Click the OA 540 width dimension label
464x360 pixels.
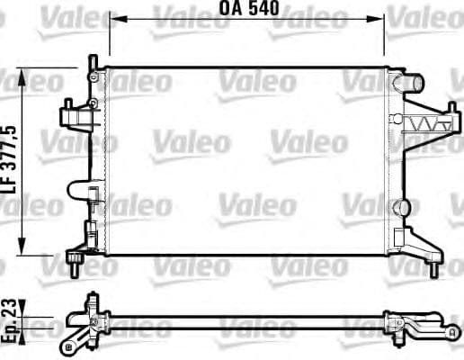click(246, 9)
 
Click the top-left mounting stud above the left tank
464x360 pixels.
click(92, 62)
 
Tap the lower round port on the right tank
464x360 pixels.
click(399, 203)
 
